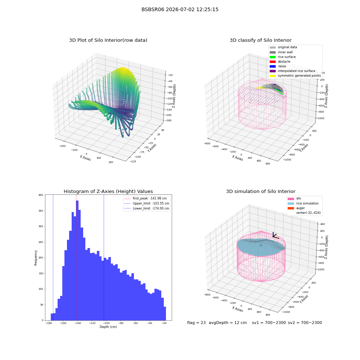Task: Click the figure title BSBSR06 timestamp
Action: coord(180,9)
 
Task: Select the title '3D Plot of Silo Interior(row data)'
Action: coord(108,40)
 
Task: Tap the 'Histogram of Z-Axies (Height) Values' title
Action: coord(108,192)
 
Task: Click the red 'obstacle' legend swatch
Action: coord(273,62)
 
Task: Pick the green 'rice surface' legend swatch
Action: coord(273,57)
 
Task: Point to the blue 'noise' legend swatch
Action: coord(273,66)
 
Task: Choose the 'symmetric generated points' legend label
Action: coord(299,76)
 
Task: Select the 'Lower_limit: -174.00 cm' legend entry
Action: coord(147,208)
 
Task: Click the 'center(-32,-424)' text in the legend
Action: coord(309,213)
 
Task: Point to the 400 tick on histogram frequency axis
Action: coord(41,195)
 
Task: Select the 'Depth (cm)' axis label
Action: coord(108,327)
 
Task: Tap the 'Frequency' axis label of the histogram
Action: coord(36,258)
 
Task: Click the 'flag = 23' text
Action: coord(196,323)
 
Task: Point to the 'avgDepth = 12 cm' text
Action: coord(228,323)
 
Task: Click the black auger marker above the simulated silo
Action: coord(275,235)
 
